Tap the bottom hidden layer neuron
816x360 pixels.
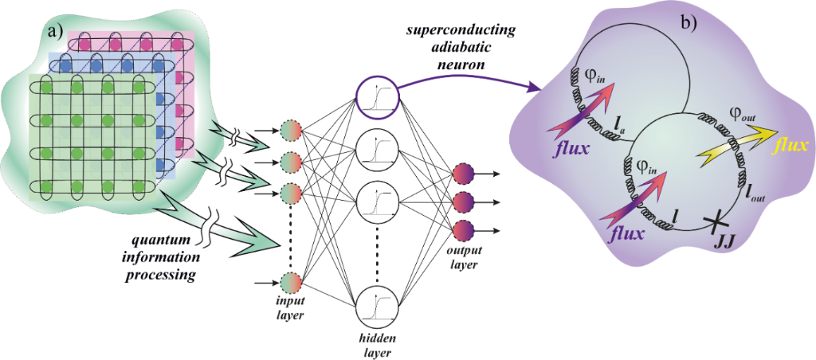[x=375, y=307]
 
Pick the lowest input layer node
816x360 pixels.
[x=292, y=284]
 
